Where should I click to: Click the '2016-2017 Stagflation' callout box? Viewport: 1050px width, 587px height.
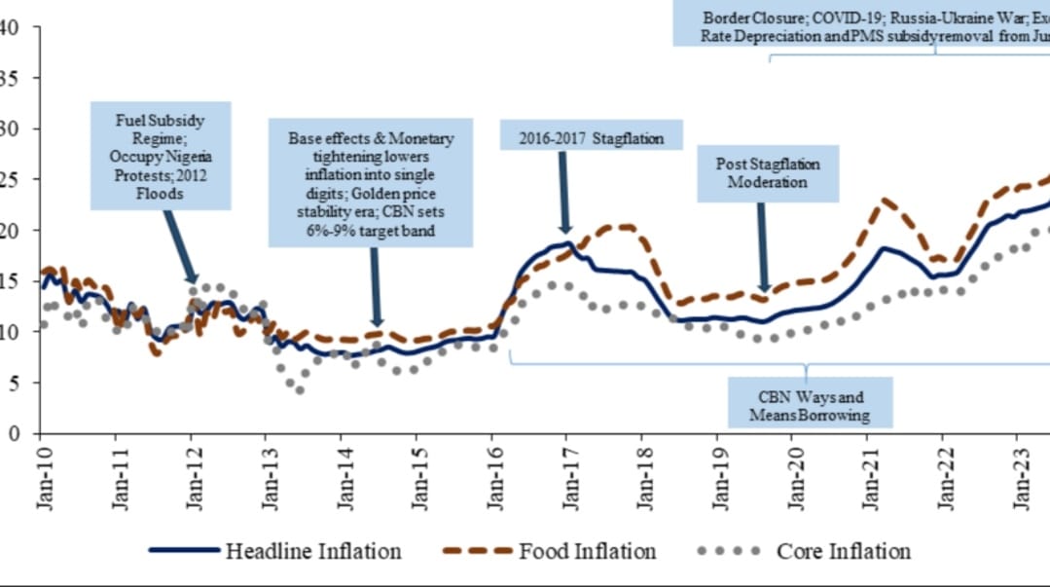pyautogui.click(x=591, y=137)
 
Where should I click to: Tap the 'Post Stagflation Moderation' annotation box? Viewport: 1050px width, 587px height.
pyautogui.click(x=760, y=173)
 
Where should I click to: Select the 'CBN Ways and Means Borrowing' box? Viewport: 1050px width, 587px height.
pyautogui.click(x=810, y=406)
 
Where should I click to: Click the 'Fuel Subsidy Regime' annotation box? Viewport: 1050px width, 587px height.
pyautogui.click(x=161, y=154)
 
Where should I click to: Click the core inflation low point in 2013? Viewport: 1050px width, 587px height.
pyautogui.click(x=300, y=389)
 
